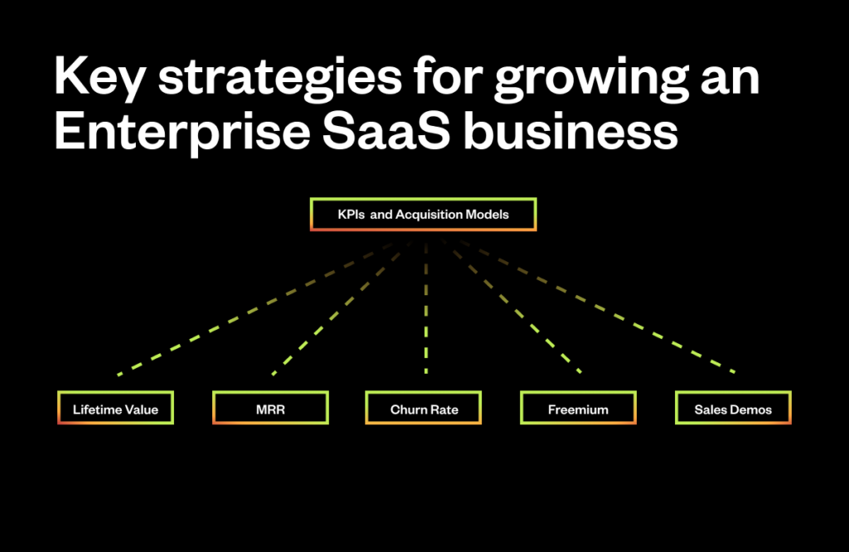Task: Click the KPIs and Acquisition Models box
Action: pyautogui.click(x=423, y=215)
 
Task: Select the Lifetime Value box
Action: pyautogui.click(x=115, y=409)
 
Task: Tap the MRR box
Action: pyautogui.click(x=270, y=409)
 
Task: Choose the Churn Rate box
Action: pyautogui.click(x=424, y=409)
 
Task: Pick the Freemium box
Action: pyautogui.click(x=578, y=409)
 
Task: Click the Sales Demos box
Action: pyautogui.click(x=733, y=409)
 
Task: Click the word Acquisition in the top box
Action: pyautogui.click(x=431, y=215)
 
